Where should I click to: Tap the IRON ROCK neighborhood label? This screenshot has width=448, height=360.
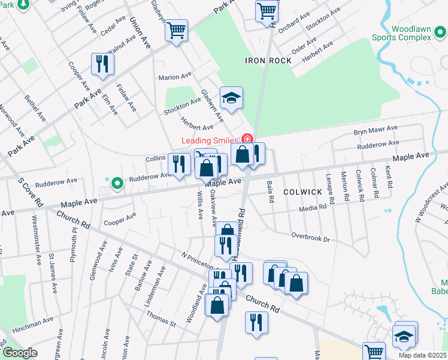[268, 61]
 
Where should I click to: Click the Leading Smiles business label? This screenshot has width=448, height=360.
[210, 140]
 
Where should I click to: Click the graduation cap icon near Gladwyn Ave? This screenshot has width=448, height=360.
[231, 97]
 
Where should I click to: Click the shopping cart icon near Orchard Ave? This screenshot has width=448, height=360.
[266, 11]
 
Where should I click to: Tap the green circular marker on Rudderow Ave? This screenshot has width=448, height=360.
[117, 182]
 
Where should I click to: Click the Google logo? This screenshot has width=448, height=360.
[19, 353]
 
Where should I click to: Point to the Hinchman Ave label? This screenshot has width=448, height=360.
[31, 324]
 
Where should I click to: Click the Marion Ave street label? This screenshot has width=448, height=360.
[174, 77]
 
